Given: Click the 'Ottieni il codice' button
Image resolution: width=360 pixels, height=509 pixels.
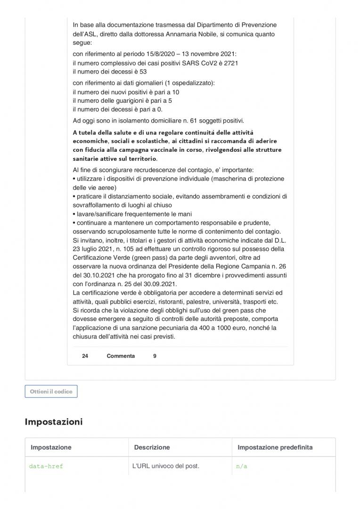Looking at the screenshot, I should pos(51,392).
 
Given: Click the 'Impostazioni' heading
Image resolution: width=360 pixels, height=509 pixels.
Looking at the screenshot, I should pos(53,422).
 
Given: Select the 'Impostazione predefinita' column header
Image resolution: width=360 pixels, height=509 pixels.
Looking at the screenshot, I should pos(275,447).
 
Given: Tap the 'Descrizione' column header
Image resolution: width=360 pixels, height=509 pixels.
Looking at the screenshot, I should pos(152,447).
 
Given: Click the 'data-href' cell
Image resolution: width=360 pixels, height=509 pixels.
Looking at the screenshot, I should pos(46,466).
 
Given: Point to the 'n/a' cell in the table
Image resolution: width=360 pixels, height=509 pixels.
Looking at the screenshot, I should pos(241,466).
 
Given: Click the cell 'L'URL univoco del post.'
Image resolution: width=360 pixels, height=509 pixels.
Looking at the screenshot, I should pos(166,466).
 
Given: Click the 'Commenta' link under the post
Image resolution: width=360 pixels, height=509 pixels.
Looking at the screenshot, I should pos(121,356).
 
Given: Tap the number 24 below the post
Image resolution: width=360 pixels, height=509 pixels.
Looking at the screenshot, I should pos(85,356).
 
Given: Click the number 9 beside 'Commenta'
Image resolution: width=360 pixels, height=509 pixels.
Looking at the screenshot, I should pos(155,356).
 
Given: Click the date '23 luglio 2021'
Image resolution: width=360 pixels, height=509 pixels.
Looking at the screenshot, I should pos(94,249).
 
